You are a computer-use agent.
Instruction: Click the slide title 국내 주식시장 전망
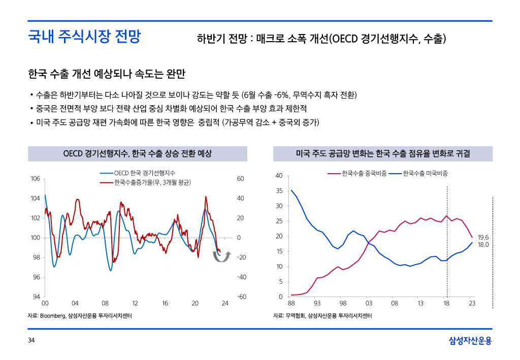tap(84, 37)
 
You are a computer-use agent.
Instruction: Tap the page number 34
tap(31, 340)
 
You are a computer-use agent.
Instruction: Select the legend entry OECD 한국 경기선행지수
tap(145, 173)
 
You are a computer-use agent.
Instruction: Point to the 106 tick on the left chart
tap(35, 179)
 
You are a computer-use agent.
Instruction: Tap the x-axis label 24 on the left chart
tap(225, 304)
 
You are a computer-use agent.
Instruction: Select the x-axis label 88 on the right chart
tap(291, 304)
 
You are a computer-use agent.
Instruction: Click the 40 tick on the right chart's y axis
tap(278, 176)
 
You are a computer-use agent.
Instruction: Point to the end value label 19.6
tap(483, 237)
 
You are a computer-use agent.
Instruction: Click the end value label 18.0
tap(483, 245)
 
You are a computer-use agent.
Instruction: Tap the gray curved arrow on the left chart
tap(222, 257)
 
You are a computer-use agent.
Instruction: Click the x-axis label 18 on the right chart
tap(446, 304)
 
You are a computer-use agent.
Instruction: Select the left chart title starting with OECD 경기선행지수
tap(137, 153)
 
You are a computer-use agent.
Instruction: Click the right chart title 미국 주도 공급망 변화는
tap(383, 153)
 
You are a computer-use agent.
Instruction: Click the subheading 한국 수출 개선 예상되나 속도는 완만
tap(107, 75)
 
